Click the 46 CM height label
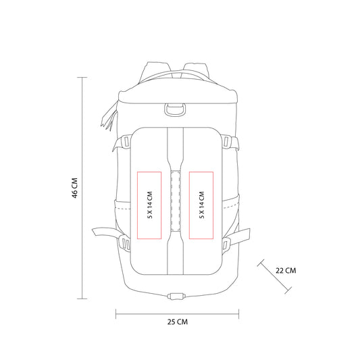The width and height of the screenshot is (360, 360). tap(74, 188)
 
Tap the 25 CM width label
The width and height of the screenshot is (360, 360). tap(177, 322)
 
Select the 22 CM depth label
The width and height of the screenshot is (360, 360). tap(286, 270)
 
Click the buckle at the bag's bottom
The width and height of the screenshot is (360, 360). tap(176, 297)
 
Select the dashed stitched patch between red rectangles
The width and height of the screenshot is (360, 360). tap(176, 201)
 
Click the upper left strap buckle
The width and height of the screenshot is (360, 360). tap(126, 142)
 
